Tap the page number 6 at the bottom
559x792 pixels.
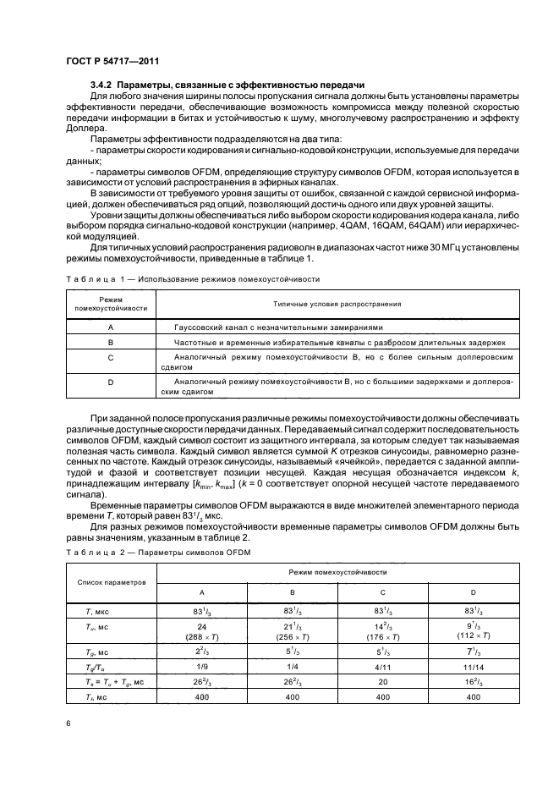[x=67, y=723]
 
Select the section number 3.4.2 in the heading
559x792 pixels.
[x=101, y=85]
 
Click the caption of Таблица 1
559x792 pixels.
[x=192, y=278]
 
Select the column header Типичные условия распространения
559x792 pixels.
[x=337, y=303]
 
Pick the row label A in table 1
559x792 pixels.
[x=111, y=327]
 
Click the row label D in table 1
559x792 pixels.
[x=111, y=387]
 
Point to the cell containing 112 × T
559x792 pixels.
[x=473, y=636]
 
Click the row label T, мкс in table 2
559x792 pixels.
[x=91, y=609]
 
